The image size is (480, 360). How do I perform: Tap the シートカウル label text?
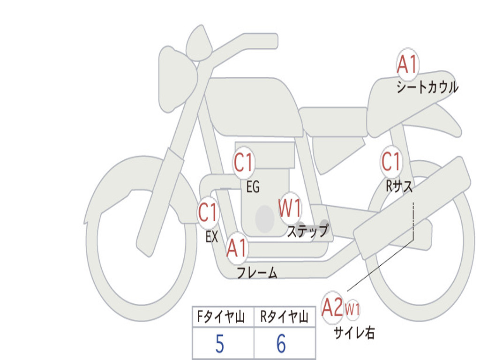(x=427, y=88)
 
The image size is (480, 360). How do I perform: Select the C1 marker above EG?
(x=243, y=163)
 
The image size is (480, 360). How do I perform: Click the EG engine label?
(x=253, y=187)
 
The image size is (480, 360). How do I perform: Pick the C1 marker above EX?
(x=208, y=213)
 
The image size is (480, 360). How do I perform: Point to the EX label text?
(x=212, y=237)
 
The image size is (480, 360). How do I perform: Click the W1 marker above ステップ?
(x=290, y=208)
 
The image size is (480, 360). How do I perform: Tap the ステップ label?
(x=308, y=231)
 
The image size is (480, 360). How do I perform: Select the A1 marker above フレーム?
(x=237, y=248)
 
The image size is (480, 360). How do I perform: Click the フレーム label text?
(x=257, y=273)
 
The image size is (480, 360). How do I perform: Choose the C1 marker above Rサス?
(x=391, y=162)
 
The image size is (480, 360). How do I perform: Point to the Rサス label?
(x=399, y=187)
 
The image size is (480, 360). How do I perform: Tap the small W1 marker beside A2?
(x=352, y=309)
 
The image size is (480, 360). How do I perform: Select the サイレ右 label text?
(x=354, y=333)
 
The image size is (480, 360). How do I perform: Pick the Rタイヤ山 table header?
(x=284, y=317)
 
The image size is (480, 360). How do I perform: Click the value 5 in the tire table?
(x=220, y=345)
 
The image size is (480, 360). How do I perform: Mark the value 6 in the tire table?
(x=281, y=345)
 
